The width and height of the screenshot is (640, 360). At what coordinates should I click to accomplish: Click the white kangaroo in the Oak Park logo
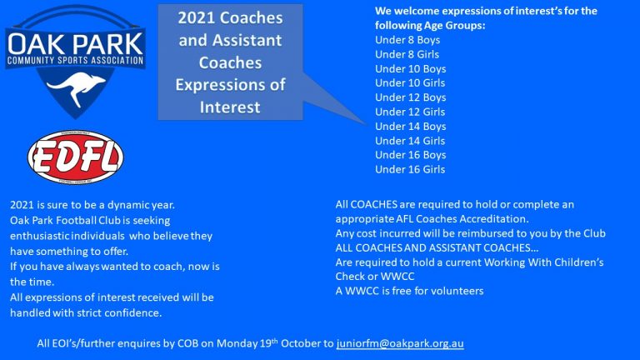77,87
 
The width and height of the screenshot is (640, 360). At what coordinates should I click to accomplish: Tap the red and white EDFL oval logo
76,157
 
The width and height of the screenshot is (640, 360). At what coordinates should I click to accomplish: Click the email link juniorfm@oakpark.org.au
400,343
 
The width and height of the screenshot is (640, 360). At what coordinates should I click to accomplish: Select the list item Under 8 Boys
407,40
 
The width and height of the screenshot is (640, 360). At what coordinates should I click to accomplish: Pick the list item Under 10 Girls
410,82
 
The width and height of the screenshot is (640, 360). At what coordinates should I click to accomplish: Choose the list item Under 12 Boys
410,97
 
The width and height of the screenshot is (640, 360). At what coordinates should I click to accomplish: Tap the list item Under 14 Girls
410,141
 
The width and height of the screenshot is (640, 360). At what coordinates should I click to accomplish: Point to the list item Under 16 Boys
410,155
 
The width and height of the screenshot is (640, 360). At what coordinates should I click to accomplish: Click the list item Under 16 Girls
410,169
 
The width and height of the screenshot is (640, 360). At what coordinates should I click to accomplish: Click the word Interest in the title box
230,107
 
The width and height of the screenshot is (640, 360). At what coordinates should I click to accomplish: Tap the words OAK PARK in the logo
76,44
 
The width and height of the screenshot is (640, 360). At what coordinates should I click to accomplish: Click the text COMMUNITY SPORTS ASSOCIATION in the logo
76,61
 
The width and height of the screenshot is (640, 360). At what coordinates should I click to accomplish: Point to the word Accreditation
494,219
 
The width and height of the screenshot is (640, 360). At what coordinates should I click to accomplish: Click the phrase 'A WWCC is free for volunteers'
409,291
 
